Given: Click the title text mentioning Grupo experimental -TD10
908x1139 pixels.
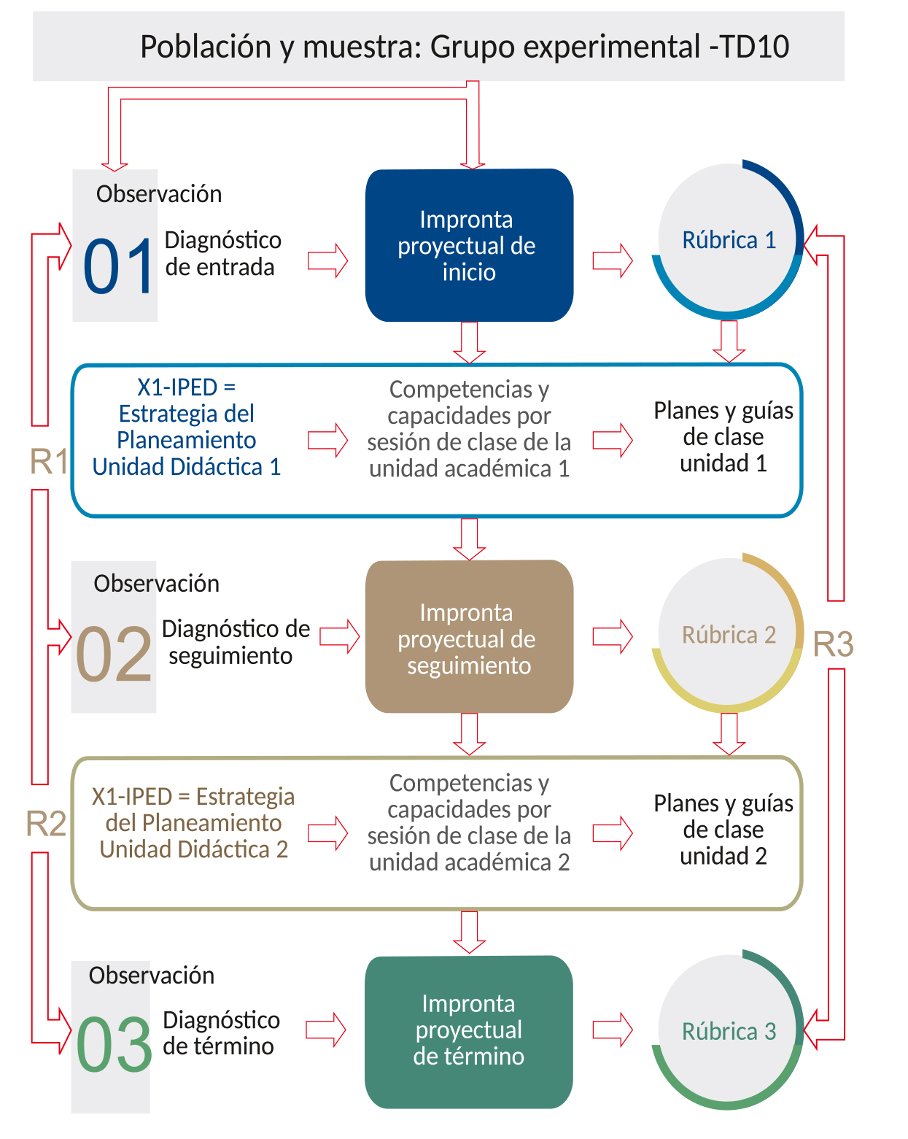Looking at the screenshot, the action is pyautogui.click(x=464, y=47).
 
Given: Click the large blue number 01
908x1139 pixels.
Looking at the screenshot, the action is pyautogui.click(x=118, y=266).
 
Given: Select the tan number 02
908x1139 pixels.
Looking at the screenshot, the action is pyautogui.click(x=114, y=654).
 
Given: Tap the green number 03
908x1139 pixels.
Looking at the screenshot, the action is pyautogui.click(x=114, y=1044).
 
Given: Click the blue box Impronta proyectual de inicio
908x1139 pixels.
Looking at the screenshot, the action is pyautogui.click(x=469, y=245).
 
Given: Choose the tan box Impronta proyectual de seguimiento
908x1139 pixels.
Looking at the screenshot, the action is pyautogui.click(x=469, y=636).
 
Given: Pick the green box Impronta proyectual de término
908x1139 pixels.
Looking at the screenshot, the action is pyautogui.click(x=469, y=1030).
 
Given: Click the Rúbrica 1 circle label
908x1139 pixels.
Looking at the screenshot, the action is pyautogui.click(x=729, y=240).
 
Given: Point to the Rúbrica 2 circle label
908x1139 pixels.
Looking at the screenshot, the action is pyautogui.click(x=729, y=635).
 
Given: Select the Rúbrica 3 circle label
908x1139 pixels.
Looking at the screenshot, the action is pyautogui.click(x=729, y=1031).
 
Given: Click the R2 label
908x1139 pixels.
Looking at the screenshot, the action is pyautogui.click(x=46, y=824).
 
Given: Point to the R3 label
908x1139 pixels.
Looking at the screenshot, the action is pyautogui.click(x=833, y=644).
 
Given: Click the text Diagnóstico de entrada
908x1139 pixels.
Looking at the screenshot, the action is pyautogui.click(x=222, y=253).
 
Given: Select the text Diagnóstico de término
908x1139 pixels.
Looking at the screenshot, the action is pyautogui.click(x=221, y=1032).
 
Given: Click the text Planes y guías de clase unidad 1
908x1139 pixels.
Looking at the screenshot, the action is pyautogui.click(x=723, y=436).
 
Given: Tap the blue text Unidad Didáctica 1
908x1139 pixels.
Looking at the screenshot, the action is pyautogui.click(x=186, y=466).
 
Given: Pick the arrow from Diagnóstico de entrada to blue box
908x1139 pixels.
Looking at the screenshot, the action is pyautogui.click(x=327, y=260).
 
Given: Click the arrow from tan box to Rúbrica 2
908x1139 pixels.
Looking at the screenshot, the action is pyautogui.click(x=612, y=636).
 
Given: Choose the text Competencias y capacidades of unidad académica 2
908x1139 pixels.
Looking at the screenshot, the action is pyautogui.click(x=469, y=822).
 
